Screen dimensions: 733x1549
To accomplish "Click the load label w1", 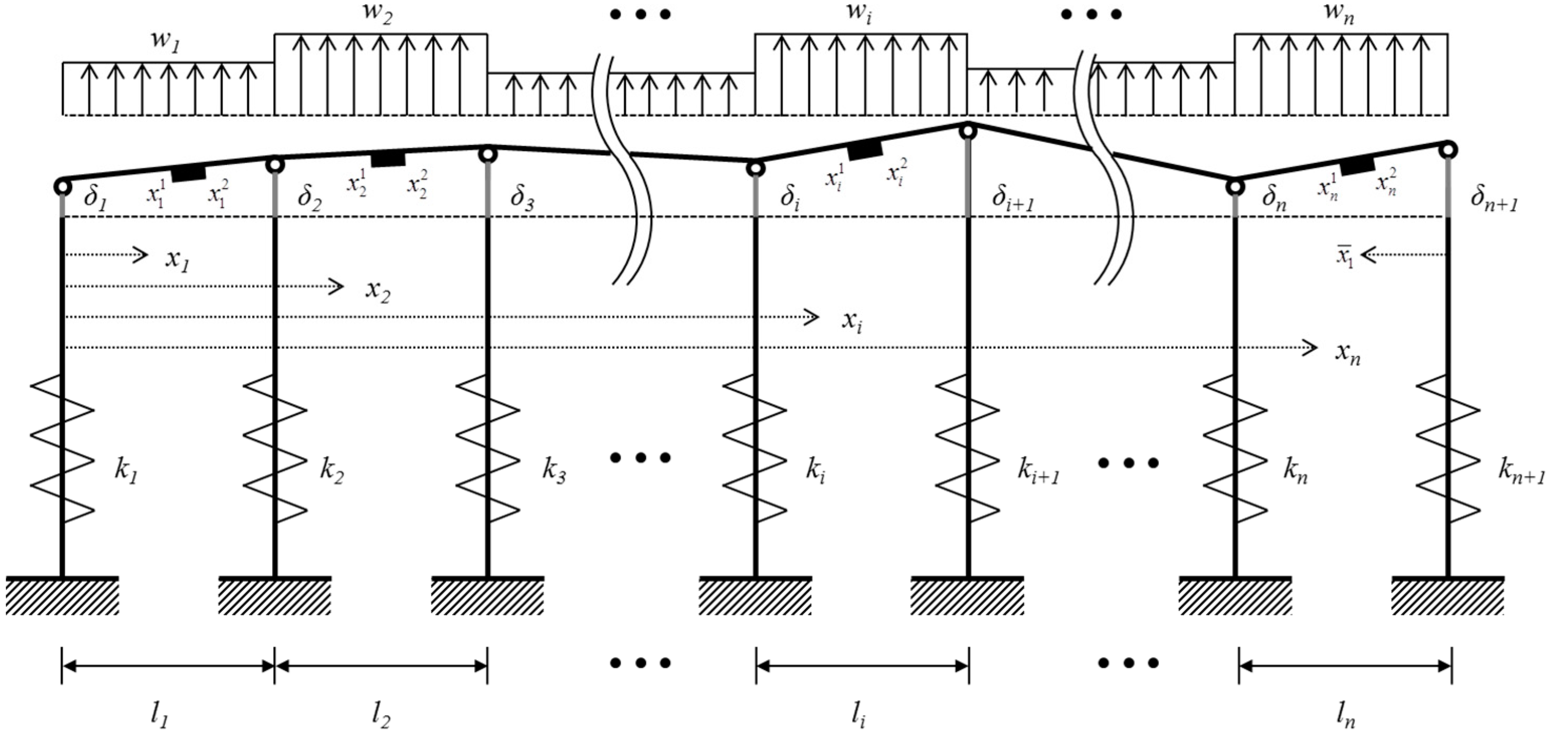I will point(165,43).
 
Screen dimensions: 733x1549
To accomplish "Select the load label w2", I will point(377,14).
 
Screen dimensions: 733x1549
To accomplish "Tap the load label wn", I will point(1340,14).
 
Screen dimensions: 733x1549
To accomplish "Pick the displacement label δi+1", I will point(1013,198).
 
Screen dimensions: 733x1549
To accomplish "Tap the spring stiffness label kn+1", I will point(1520,473).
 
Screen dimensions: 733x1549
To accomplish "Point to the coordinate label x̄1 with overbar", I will point(1345,257).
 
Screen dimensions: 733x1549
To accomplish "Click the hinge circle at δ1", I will point(62,186).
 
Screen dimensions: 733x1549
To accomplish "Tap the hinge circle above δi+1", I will point(968,130).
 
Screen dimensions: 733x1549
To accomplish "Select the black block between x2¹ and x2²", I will point(388,159).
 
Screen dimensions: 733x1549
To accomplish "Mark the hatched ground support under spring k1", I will point(62,596).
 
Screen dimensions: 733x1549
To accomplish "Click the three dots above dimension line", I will point(641,663).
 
